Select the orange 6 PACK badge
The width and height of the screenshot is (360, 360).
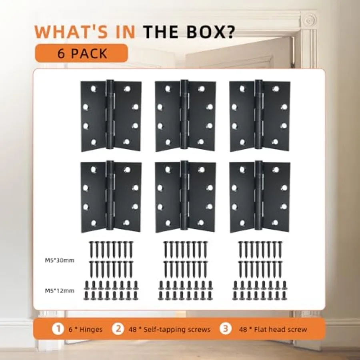click(82, 53)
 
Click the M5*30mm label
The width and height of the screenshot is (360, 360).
click(60, 260)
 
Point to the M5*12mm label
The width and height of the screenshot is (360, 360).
click(60, 291)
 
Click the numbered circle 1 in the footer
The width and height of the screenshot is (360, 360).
click(58, 329)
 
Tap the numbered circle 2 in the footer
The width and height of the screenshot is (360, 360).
click(118, 329)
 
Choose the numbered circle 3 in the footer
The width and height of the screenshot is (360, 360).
click(225, 329)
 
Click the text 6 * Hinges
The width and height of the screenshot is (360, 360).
click(86, 330)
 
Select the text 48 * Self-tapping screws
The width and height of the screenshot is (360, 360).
click(170, 330)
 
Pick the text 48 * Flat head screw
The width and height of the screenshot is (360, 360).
click(273, 330)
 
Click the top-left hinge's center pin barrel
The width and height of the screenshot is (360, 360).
click(110, 114)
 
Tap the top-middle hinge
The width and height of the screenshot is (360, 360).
click(185, 116)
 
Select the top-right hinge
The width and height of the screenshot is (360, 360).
click(260, 116)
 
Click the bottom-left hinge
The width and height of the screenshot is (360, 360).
click(111, 196)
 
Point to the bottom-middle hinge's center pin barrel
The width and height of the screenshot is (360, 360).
click(184, 195)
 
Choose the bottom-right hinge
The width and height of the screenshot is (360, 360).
click(260, 196)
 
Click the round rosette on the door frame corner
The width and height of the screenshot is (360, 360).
click(308, 20)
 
